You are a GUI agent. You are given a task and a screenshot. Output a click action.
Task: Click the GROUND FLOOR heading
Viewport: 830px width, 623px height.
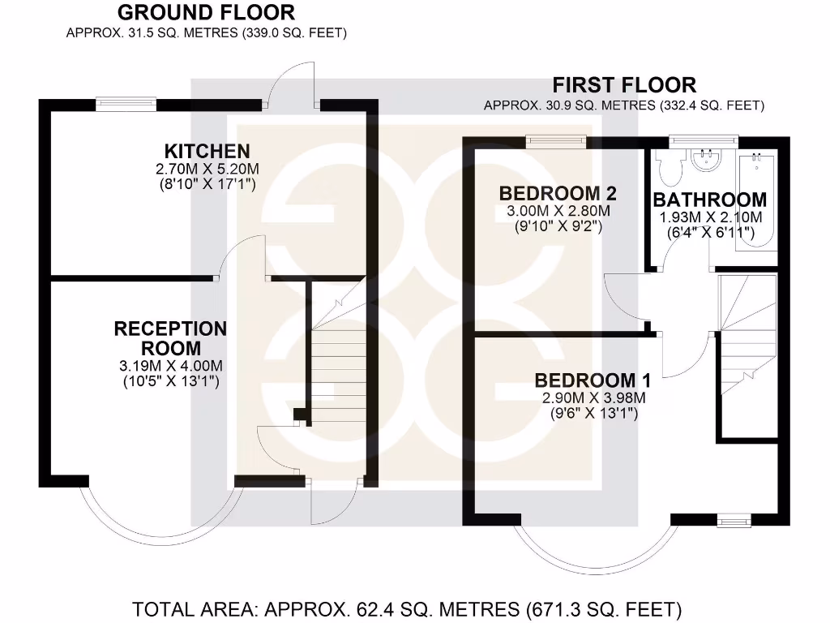click(x=206, y=13)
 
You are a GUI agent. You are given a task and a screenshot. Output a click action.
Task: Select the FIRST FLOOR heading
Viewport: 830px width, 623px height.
click(x=623, y=84)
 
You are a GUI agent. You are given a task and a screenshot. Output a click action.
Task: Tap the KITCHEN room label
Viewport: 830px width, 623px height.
click(x=207, y=151)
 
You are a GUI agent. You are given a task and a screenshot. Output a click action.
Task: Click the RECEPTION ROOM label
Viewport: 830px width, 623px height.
click(x=170, y=338)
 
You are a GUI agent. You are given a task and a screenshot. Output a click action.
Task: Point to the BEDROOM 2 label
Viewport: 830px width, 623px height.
click(x=558, y=194)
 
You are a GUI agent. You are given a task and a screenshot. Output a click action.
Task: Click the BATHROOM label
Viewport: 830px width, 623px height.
click(x=710, y=200)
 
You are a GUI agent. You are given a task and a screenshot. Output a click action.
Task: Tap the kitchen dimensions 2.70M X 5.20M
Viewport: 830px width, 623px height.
click(x=207, y=170)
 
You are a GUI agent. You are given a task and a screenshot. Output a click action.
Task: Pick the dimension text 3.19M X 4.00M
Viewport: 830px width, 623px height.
click(x=170, y=366)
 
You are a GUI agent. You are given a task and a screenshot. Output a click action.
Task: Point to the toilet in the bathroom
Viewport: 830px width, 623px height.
click(x=669, y=167)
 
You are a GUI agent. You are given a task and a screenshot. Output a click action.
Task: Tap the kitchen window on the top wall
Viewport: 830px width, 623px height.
click(x=126, y=103)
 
